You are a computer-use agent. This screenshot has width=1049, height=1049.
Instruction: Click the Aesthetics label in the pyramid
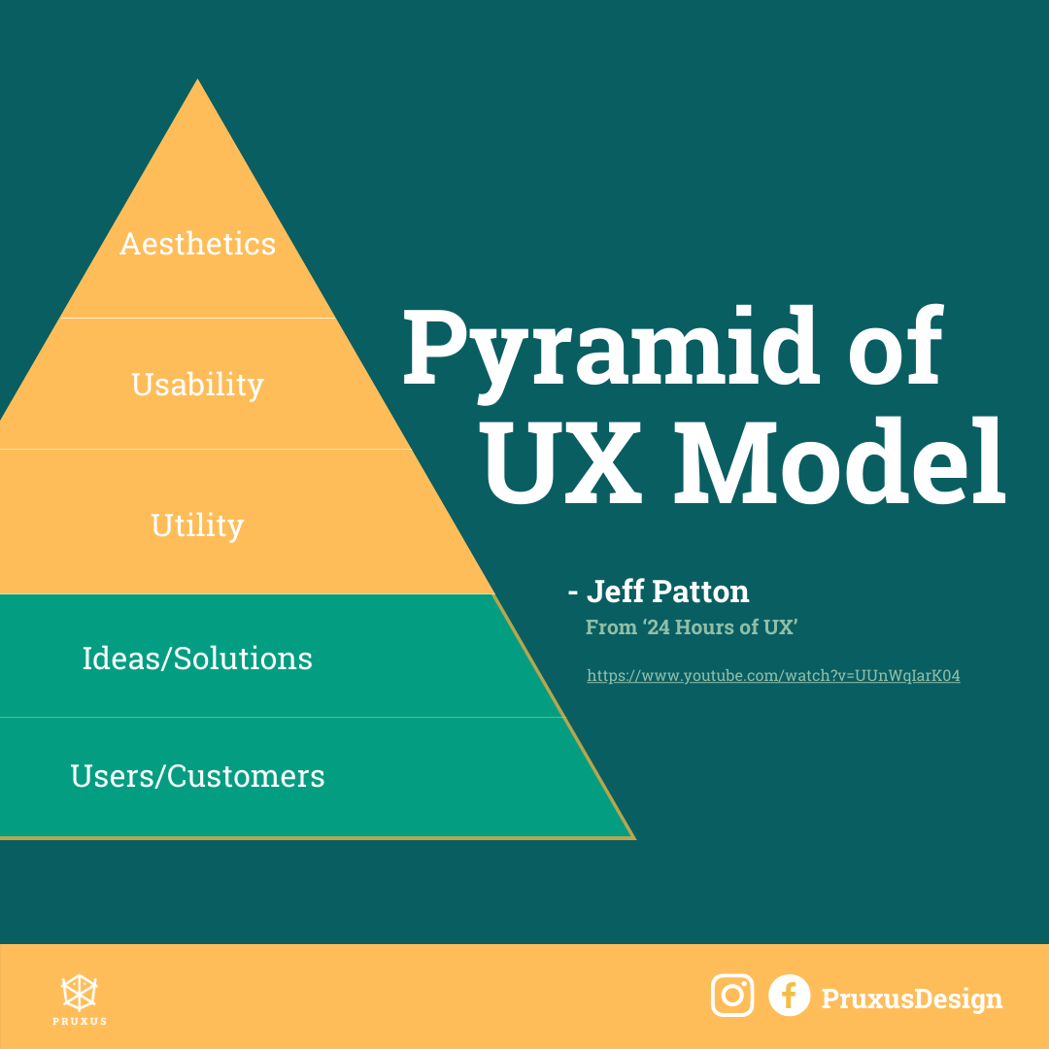tap(197, 244)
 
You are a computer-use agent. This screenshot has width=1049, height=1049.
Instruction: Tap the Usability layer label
tap(197, 385)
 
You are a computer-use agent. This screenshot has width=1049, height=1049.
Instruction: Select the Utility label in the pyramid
tap(197, 525)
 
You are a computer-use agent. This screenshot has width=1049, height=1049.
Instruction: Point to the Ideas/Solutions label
tap(197, 659)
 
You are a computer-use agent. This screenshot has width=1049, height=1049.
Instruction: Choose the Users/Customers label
tap(197, 776)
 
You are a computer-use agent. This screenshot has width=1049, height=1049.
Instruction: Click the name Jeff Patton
tap(667, 592)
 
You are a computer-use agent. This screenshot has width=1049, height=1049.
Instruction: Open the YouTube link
tap(773, 676)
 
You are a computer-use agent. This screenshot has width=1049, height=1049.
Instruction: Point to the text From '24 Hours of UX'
tap(692, 626)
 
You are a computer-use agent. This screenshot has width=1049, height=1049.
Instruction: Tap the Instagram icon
tap(732, 996)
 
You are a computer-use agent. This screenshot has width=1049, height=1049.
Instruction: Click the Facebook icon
tap(790, 996)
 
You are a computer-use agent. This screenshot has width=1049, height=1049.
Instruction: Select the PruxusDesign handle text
tap(912, 998)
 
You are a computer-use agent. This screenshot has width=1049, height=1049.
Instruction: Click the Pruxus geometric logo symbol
tap(80, 992)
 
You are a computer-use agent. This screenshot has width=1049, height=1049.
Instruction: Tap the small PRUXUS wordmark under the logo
tap(80, 1021)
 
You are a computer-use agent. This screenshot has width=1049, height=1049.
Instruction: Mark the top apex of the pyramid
tap(197, 79)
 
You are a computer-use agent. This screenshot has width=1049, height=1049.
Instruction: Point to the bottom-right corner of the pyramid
tap(634, 837)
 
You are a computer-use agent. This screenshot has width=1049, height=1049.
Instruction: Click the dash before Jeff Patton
tap(573, 592)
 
